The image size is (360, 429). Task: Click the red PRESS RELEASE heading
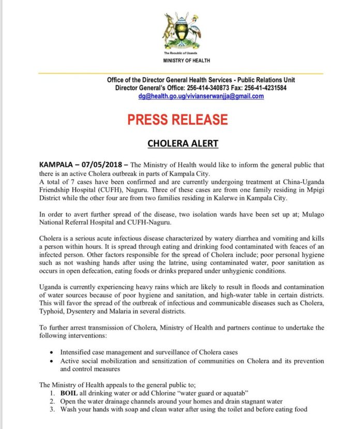(x=185, y=120)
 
